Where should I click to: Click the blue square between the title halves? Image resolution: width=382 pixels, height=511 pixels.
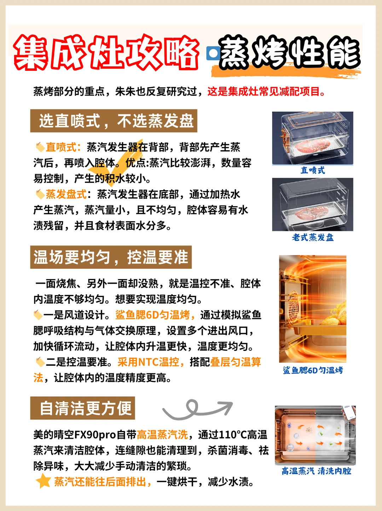point(213,53)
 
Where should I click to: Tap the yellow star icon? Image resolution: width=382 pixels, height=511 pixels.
point(44,481)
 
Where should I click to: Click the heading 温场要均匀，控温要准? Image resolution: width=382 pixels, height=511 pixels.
point(111,257)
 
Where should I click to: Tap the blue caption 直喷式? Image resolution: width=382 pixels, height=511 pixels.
point(313,170)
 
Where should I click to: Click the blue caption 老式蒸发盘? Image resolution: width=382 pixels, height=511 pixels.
point(313,237)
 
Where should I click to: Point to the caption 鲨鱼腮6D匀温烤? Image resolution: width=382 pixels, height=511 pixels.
point(313,370)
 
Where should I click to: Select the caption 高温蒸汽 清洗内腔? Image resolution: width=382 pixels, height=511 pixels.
point(316,471)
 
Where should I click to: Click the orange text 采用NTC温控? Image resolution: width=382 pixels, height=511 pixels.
point(151,362)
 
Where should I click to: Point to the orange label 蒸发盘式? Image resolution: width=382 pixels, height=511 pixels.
point(66,194)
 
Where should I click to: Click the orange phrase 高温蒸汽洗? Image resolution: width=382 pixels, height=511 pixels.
point(162,435)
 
